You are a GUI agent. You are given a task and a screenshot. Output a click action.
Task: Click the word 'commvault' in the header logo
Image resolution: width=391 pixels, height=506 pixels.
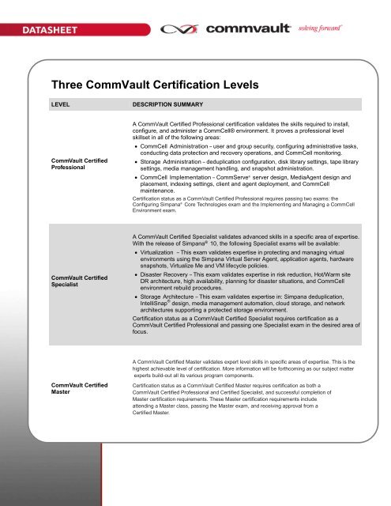pos(249,31)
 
